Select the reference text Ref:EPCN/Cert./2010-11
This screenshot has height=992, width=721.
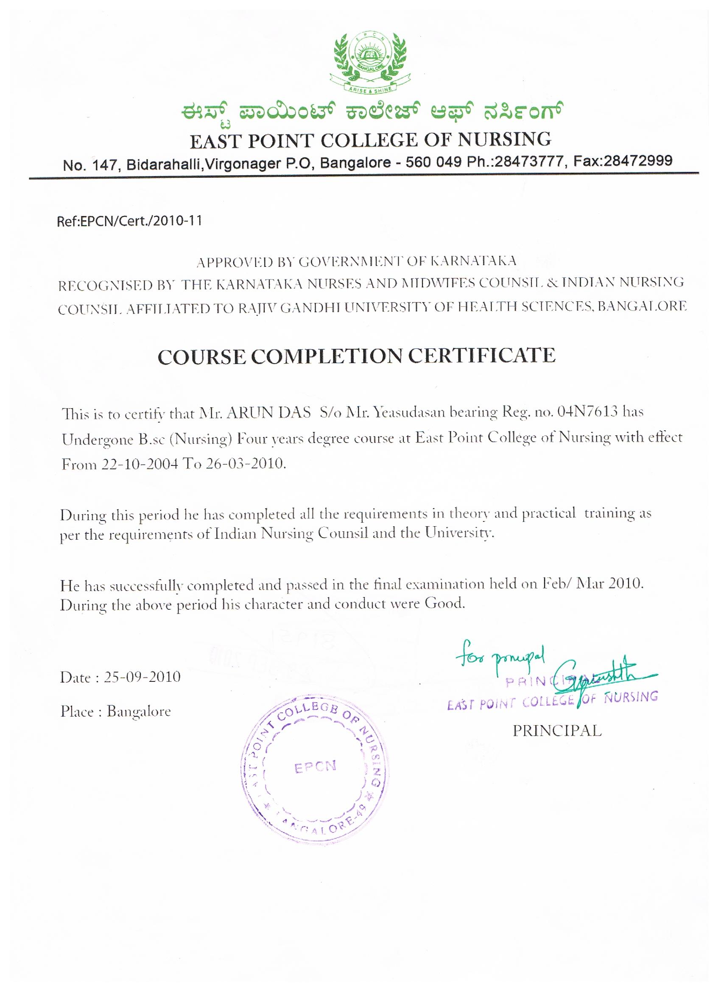(129, 221)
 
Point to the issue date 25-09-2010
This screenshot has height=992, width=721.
(142, 677)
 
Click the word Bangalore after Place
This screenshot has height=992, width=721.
(139, 712)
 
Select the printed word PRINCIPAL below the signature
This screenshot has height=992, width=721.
(557, 731)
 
